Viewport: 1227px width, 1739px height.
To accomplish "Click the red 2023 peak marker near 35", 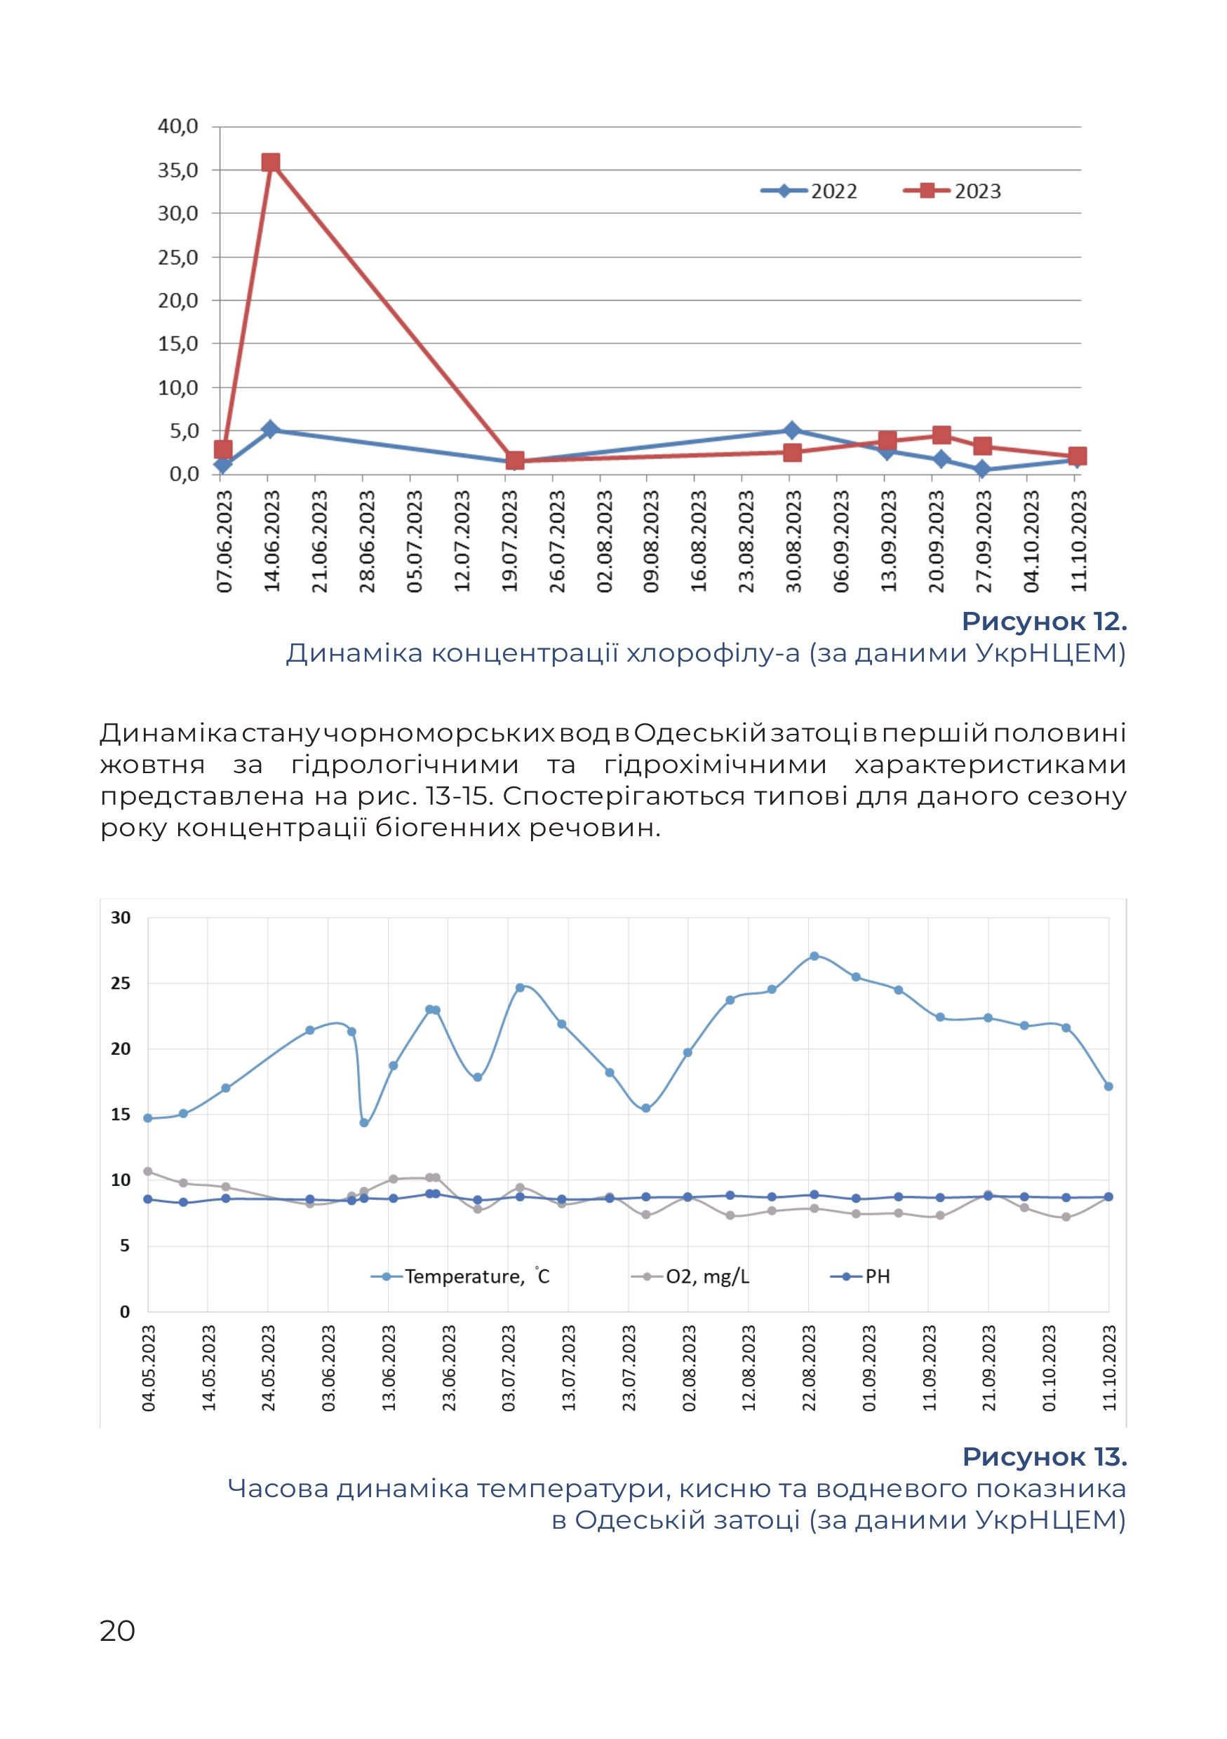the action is point(271,163).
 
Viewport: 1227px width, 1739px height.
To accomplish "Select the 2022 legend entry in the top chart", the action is point(809,191).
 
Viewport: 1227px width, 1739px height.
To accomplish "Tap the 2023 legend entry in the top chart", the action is point(952,191).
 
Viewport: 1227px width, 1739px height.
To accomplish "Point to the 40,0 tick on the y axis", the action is point(178,125).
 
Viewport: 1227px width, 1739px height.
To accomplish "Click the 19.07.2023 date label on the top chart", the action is point(509,541).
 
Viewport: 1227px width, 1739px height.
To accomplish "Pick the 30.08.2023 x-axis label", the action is point(793,541).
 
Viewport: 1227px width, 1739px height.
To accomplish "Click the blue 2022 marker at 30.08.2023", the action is point(792,430).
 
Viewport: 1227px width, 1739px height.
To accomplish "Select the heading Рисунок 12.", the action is point(1045,621).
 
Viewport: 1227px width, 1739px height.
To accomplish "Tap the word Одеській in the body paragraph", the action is point(700,733).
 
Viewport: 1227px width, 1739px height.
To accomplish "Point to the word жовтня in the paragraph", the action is point(152,765).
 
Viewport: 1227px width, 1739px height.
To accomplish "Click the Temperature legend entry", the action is point(460,1276).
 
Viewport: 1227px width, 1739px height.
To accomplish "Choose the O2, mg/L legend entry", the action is point(690,1276).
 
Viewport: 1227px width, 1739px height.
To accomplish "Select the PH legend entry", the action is point(860,1276).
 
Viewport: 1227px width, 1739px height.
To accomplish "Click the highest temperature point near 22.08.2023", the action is point(814,956).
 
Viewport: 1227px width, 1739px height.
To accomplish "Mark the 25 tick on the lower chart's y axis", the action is point(121,983).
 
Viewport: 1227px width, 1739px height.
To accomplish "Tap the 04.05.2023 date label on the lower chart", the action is point(149,1368).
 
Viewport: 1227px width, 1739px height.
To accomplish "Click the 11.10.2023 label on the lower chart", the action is point(1108,1368).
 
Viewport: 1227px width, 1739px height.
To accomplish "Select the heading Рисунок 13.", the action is point(1045,1457).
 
